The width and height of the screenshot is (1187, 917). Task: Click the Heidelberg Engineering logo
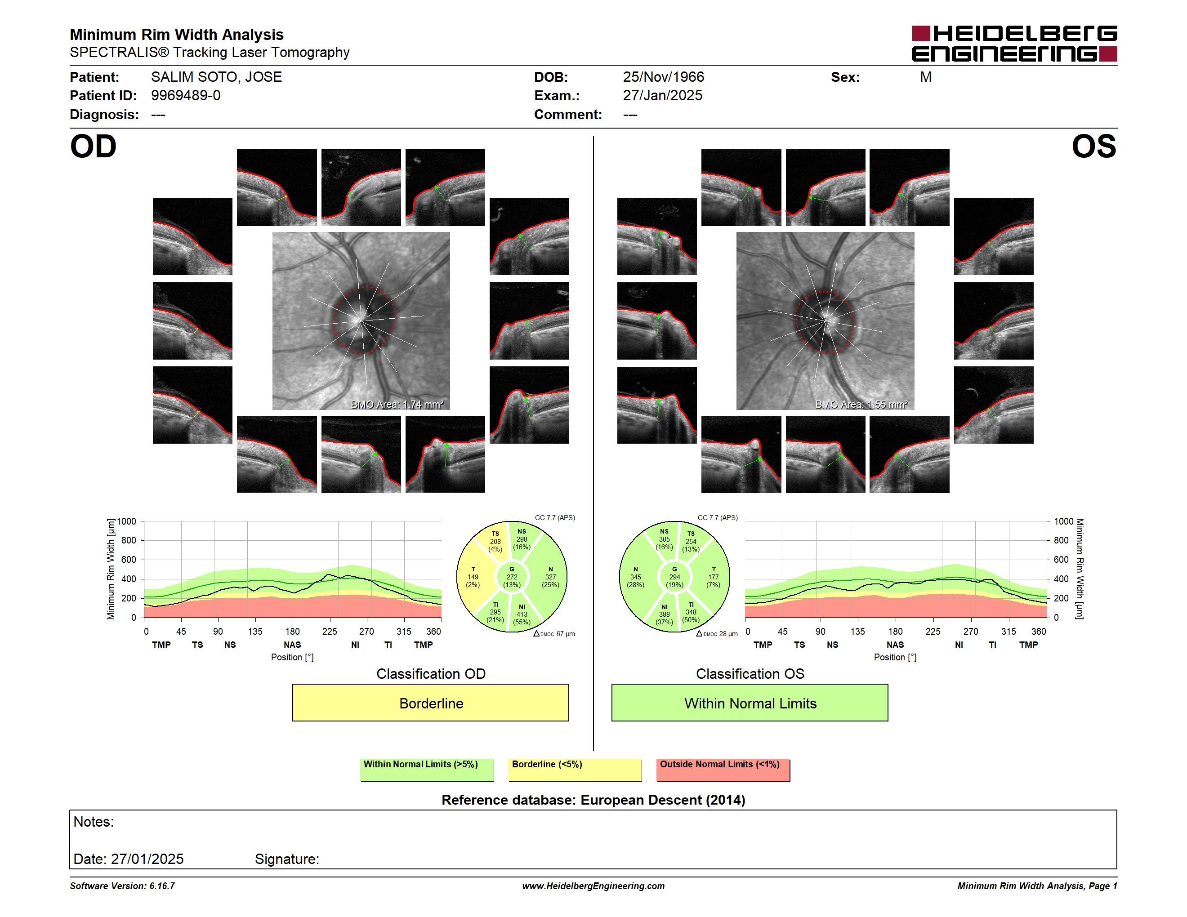[1014, 44]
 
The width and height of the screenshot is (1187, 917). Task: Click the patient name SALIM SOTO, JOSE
[216, 77]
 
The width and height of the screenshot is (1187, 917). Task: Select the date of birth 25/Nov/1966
[663, 77]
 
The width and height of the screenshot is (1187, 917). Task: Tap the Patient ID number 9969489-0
[186, 96]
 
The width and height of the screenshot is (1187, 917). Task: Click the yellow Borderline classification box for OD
[430, 703]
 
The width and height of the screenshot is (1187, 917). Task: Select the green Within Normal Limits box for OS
[750, 703]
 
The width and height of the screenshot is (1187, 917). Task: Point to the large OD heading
[94, 147]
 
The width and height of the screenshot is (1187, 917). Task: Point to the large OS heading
[1093, 147]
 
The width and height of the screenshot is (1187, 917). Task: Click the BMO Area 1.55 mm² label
[861, 404]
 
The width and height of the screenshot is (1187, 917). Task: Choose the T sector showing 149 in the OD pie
[473, 577]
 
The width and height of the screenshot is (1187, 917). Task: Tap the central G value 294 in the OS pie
[674, 577]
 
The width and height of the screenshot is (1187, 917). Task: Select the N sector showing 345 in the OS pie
[635, 577]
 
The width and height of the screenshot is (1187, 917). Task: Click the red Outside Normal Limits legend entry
[723, 770]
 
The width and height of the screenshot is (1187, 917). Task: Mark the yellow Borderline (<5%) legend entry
[575, 770]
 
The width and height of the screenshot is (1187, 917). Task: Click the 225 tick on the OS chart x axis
[933, 631]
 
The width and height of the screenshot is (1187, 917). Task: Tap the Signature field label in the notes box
[287, 859]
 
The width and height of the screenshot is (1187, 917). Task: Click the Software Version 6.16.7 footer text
[122, 886]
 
